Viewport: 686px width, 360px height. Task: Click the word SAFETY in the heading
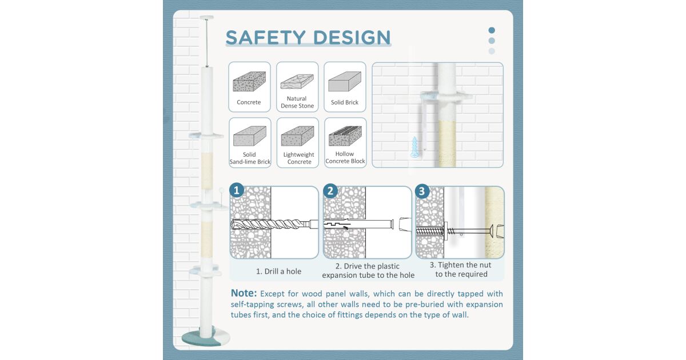point(265,37)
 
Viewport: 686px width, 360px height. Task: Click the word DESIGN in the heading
point(352,37)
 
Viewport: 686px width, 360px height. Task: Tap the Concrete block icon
point(249,81)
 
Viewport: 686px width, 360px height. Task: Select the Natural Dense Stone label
point(297,102)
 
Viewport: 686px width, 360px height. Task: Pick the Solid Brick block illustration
point(345,81)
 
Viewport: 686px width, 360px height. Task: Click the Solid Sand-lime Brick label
point(250,158)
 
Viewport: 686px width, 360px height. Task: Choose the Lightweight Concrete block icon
point(297,136)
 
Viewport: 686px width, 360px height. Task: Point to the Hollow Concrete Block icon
point(345,136)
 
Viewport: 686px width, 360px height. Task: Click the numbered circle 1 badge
point(237,190)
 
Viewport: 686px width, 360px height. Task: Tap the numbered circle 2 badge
point(330,191)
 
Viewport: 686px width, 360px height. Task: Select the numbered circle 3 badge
point(422,191)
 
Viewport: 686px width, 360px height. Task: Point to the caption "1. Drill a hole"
point(279,271)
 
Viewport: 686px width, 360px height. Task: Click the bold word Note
point(244,293)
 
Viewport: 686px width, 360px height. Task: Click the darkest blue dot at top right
point(492,30)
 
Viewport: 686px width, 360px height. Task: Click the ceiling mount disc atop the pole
point(207,18)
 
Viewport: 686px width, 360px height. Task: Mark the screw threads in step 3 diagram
point(430,231)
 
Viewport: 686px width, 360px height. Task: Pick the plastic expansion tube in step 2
point(358,224)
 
